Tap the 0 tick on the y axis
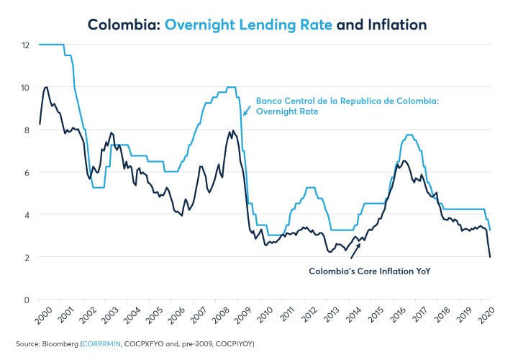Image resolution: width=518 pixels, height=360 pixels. (x=27, y=300)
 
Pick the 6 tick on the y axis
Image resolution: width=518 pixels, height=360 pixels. (x=27, y=172)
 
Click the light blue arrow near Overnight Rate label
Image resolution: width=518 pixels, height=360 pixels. (x=247, y=110)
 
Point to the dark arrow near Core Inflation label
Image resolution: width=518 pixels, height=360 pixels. (x=355, y=251)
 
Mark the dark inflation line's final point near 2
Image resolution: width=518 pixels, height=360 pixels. (x=491, y=257)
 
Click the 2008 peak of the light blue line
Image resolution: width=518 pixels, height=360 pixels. (x=231, y=87)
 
